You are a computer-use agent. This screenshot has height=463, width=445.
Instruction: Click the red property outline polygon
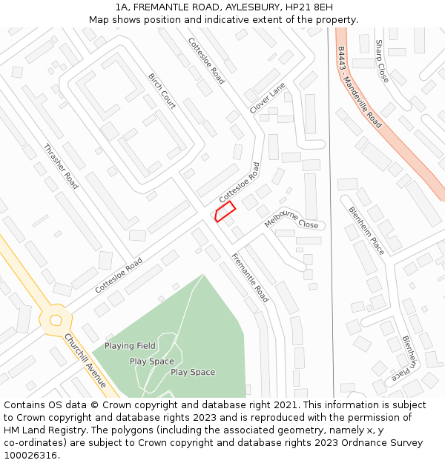click(x=225, y=211)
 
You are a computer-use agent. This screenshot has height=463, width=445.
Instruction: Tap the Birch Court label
click(x=162, y=92)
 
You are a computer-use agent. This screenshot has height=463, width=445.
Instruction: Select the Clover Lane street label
click(x=267, y=98)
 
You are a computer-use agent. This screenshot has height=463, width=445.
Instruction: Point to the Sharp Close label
click(x=382, y=61)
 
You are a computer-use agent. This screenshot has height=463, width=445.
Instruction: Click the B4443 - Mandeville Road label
click(x=359, y=87)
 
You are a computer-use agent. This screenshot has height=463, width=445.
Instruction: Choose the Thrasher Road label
click(x=61, y=166)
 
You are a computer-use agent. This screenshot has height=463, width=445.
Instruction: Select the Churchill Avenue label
click(x=86, y=361)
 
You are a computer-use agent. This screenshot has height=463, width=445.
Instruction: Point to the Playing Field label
click(x=130, y=346)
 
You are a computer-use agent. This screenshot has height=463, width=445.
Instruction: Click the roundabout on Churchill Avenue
click(x=56, y=319)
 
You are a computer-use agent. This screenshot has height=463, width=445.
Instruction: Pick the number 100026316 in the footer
click(x=31, y=456)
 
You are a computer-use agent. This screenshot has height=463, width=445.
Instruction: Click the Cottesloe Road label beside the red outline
click(x=240, y=183)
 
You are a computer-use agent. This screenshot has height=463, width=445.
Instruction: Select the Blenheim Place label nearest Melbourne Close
click(x=366, y=230)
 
